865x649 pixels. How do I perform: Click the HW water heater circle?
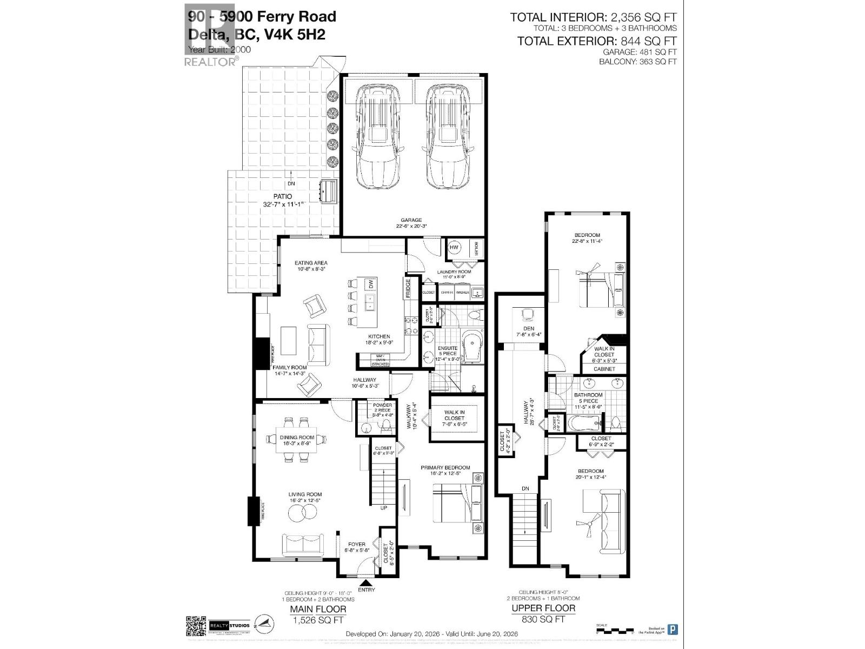[454, 248]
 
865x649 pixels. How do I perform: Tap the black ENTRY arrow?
[366, 582]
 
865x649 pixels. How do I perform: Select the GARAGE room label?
[411, 220]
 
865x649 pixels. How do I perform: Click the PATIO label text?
[282, 196]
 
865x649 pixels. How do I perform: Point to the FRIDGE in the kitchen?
[408, 288]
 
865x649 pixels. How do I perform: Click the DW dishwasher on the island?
[371, 284]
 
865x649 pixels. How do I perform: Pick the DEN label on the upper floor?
[529, 328]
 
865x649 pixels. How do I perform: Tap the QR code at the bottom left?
[196, 626]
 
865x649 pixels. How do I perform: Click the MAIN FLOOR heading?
[318, 609]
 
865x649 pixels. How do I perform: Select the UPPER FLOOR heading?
[543, 608]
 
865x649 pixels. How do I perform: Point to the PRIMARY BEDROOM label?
[445, 468]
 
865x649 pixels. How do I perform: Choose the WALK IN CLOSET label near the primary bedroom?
[454, 415]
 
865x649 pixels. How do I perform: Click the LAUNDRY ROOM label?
[454, 271]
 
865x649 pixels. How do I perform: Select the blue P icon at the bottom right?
[673, 629]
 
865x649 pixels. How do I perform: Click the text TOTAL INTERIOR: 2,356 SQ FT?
[593, 17]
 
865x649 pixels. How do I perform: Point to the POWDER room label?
[382, 405]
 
